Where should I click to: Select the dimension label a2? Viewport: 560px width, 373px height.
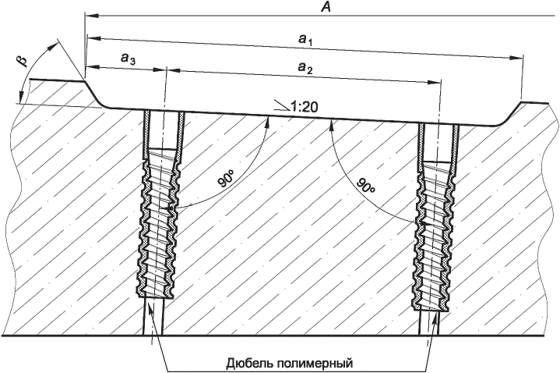(305, 69)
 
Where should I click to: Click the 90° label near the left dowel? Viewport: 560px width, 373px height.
(226, 181)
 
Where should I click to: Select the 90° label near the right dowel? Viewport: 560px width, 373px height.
(366, 188)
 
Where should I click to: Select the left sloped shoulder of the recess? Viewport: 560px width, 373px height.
(94, 94)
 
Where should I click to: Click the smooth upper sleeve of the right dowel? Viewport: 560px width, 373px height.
(438, 141)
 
